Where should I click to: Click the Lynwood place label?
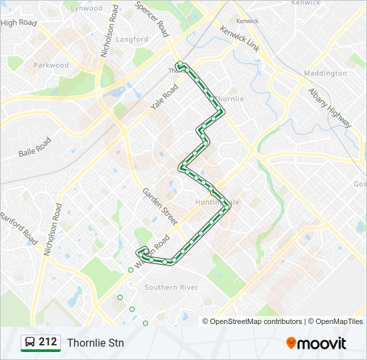(x=87, y=9)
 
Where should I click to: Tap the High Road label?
(x=19, y=23)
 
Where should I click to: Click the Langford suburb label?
(x=132, y=39)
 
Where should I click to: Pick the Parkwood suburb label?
(x=51, y=65)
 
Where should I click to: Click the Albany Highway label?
(x=330, y=107)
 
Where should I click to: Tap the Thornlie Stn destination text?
(x=95, y=343)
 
